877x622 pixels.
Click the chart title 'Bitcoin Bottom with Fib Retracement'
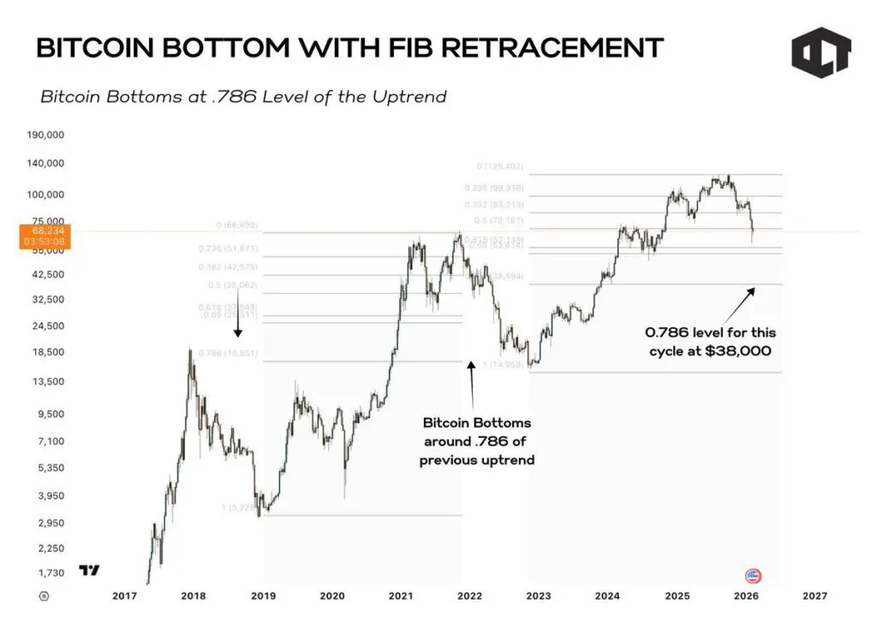click(349, 48)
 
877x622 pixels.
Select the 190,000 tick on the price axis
click(46, 135)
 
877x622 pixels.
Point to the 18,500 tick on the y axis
click(46, 352)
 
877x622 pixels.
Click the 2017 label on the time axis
click(124, 595)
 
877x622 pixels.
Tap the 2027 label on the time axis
click(814, 595)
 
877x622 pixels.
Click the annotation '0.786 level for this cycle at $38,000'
click(711, 342)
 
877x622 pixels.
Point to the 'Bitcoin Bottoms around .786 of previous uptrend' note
click(477, 442)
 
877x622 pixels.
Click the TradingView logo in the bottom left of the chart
click(89, 570)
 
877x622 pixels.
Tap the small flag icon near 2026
click(754, 576)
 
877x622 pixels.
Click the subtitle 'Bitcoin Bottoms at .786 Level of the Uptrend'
click(243, 97)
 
